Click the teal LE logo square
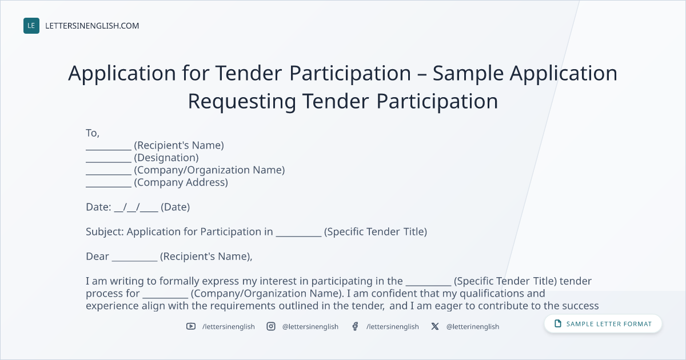(x=31, y=26)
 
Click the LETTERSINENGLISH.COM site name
(x=92, y=26)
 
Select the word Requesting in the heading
(x=242, y=102)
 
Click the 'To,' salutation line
(x=93, y=133)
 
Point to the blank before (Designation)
(x=109, y=162)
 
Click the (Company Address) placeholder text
(x=181, y=182)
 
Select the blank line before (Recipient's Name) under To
(x=109, y=149)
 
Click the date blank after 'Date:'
(x=136, y=207)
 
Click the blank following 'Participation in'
(x=298, y=235)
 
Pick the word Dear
(x=97, y=257)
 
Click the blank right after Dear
(x=135, y=261)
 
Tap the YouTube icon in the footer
(x=191, y=326)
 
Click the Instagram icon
(x=271, y=326)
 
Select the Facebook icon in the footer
(x=355, y=326)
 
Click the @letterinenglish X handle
(x=473, y=327)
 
